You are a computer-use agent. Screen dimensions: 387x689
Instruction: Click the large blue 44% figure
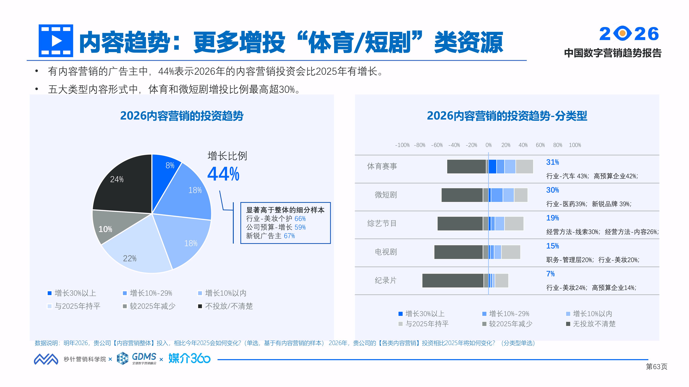(223, 174)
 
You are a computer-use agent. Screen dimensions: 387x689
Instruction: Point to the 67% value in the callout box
(289, 236)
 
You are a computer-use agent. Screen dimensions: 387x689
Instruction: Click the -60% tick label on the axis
(437, 145)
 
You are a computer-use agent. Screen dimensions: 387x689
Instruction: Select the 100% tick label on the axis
(575, 145)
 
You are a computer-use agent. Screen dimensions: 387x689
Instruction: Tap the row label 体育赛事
(382, 166)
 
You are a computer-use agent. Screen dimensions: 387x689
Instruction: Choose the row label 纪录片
(385, 280)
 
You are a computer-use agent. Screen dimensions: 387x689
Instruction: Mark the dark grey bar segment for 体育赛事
(466, 166)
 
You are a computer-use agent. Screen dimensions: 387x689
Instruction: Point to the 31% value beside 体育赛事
(552, 162)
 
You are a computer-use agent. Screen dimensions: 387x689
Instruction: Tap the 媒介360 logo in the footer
(189, 358)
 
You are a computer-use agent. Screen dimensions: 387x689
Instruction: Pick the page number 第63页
(656, 367)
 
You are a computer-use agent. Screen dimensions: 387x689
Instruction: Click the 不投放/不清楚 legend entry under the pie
(225, 306)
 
